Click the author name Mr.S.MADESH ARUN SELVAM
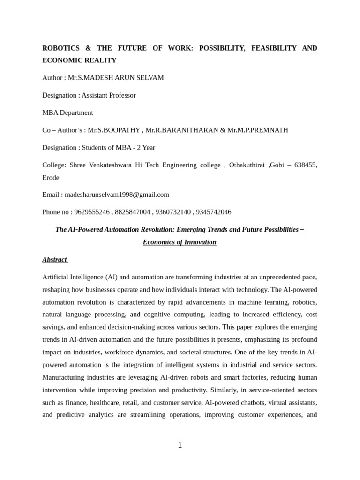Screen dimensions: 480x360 tap(116, 78)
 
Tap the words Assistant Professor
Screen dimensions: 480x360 tap(109, 95)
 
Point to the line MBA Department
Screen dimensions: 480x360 tap(67, 112)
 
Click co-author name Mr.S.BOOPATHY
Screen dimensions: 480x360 tap(114, 130)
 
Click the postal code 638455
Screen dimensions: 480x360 tap(305, 165)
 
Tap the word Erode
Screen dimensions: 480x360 tap(51, 178)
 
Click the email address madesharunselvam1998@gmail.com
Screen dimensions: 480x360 tap(117, 195)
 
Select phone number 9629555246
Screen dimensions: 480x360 tap(92, 212)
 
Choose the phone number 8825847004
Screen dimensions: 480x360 tap(133, 212)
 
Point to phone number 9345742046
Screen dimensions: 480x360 tap(214, 212)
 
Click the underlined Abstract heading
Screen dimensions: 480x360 tap(54, 260)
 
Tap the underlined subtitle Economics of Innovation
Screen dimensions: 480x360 tap(180, 242)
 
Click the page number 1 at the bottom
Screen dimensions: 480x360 tap(180, 445)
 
